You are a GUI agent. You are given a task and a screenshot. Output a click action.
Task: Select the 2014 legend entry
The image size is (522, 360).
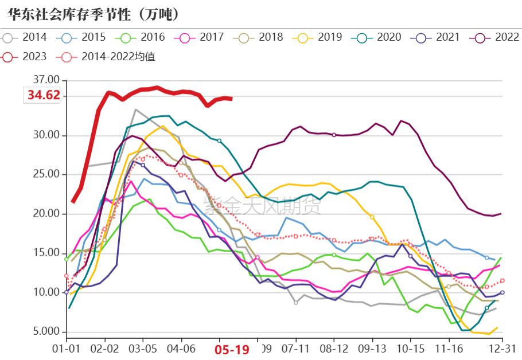(26, 38)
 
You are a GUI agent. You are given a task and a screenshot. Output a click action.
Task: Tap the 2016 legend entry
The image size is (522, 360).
(144, 38)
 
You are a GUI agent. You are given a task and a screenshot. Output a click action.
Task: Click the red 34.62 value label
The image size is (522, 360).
(44, 95)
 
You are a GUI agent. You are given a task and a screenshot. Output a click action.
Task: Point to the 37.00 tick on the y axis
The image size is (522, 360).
(46, 79)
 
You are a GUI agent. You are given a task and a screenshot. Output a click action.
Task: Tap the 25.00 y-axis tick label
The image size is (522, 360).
(46, 174)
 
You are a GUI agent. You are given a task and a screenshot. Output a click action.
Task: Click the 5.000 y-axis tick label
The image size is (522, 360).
(46, 332)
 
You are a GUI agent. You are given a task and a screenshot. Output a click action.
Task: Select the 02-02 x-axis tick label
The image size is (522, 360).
(105, 348)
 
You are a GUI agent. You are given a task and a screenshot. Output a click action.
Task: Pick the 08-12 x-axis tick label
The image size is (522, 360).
(334, 348)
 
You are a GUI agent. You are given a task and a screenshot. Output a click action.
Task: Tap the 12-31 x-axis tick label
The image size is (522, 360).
(502, 348)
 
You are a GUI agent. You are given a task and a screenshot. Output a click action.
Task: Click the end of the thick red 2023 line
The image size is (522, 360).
(231, 99)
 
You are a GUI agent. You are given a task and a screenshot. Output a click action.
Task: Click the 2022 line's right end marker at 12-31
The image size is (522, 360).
(500, 214)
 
